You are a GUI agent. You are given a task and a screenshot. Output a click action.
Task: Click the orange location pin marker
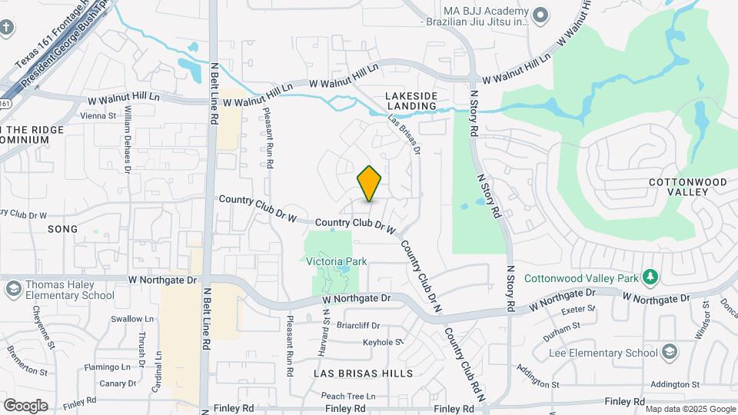(370, 183)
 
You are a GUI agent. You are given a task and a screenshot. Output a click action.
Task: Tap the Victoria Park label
(336, 262)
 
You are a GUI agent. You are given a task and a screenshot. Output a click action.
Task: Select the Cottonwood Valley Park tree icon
(650, 275)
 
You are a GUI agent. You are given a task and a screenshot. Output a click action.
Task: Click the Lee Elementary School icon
(669, 352)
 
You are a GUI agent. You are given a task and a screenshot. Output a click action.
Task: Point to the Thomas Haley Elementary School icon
(12, 290)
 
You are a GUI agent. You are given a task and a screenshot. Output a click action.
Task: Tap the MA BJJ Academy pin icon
(540, 13)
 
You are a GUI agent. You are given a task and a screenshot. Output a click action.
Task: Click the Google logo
(25, 405)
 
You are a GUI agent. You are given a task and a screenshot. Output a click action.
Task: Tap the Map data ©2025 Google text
(690, 409)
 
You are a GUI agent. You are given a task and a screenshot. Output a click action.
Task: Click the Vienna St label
(98, 116)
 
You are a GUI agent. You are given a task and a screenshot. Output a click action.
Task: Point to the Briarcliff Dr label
(364, 325)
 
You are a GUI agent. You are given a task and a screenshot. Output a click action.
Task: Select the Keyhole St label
(383, 342)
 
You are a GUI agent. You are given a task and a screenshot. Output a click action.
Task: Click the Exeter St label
(579, 310)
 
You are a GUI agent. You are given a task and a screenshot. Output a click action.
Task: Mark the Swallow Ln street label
(127, 319)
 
